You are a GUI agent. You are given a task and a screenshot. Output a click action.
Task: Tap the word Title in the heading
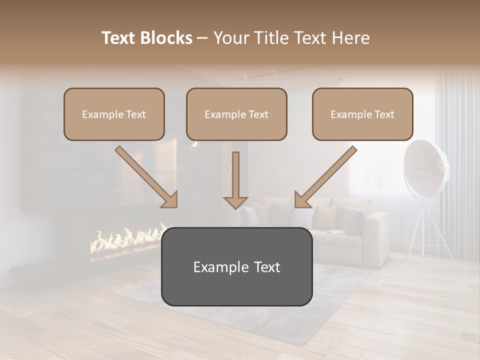click(266, 38)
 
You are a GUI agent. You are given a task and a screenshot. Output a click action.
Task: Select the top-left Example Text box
click(114, 114)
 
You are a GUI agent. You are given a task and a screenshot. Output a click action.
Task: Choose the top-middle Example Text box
click(236, 114)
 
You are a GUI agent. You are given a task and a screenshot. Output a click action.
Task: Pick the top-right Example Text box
click(362, 114)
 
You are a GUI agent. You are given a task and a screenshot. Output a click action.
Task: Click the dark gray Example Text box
click(236, 266)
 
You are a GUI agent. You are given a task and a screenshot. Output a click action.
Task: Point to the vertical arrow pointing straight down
click(235, 180)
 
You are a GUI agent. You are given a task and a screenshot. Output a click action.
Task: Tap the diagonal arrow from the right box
click(325, 176)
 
